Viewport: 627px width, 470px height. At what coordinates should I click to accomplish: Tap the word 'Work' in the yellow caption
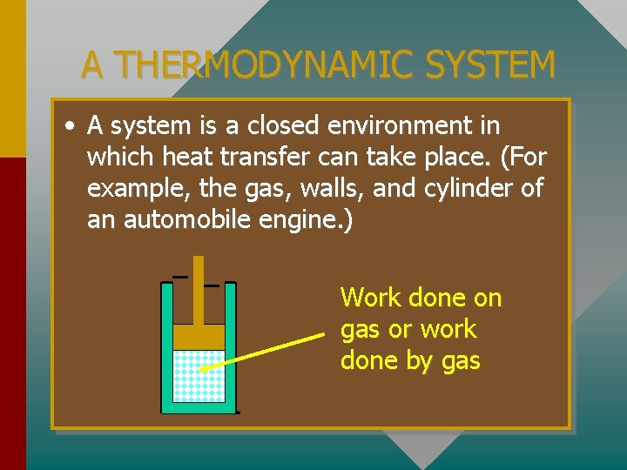371,298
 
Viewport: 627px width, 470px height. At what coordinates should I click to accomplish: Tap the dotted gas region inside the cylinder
199,375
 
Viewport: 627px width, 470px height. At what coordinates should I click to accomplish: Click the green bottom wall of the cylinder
199,407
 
